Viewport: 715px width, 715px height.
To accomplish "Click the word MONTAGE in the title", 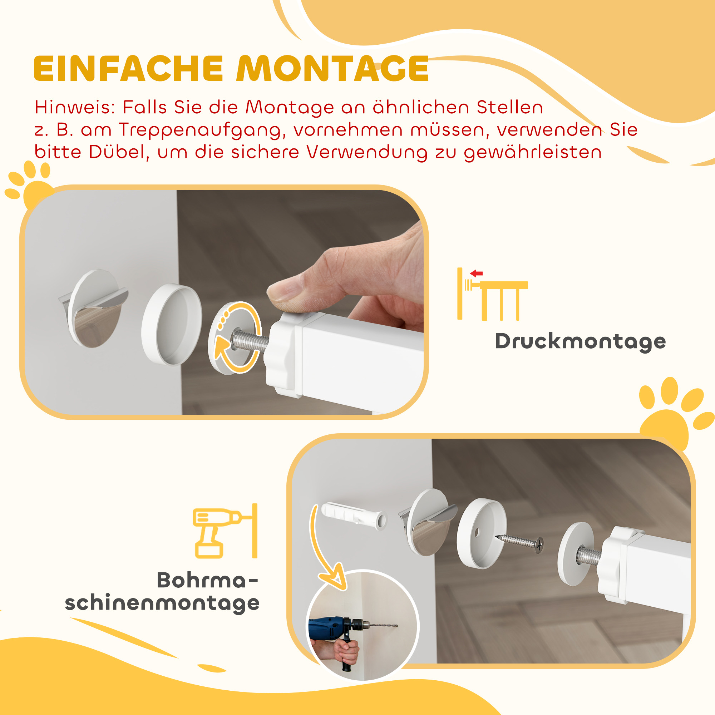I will (332, 69).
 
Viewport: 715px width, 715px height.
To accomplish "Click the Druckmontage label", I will (580, 341).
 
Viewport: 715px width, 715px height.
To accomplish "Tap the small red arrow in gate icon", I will (476, 273).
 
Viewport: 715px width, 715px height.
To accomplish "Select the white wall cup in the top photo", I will (171, 324).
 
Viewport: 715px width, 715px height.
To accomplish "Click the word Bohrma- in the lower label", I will (207, 580).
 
